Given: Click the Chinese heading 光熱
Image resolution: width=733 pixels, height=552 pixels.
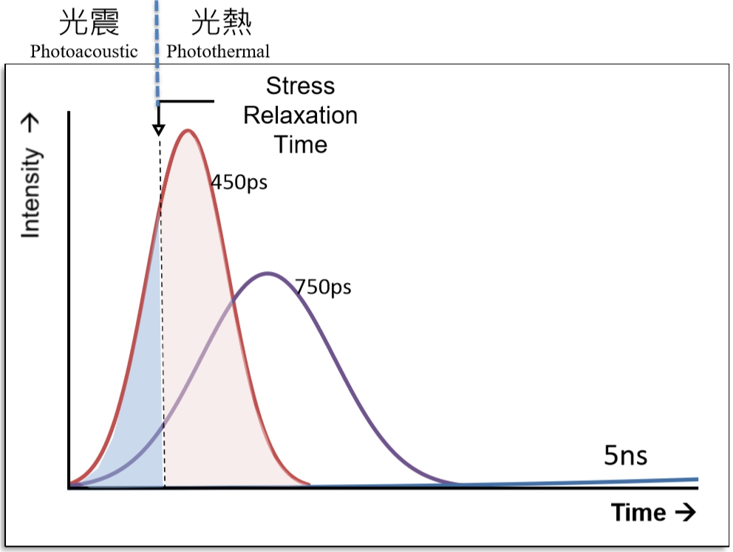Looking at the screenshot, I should click(x=222, y=24).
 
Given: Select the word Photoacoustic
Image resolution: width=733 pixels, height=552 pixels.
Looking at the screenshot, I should click(x=83, y=51).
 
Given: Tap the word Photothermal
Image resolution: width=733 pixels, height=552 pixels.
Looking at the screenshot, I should click(x=218, y=51).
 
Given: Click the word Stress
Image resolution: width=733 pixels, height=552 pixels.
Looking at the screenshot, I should click(x=300, y=86).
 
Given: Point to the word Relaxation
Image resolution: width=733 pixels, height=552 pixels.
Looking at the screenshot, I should click(x=300, y=115).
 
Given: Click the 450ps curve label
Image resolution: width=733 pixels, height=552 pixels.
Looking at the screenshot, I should click(x=239, y=182).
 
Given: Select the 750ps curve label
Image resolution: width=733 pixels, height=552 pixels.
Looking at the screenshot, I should click(x=322, y=286).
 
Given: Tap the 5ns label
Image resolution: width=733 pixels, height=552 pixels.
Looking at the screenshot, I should click(x=625, y=456).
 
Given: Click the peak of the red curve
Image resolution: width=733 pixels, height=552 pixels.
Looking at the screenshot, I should click(x=188, y=132).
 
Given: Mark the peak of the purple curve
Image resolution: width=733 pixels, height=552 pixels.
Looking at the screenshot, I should click(x=267, y=273).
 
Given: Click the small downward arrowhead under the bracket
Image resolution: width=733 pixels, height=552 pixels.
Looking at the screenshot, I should click(x=158, y=129).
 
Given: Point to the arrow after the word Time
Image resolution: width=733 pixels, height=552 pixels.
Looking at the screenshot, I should click(x=683, y=511).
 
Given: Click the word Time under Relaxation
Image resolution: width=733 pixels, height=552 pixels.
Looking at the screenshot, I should click(x=300, y=144).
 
